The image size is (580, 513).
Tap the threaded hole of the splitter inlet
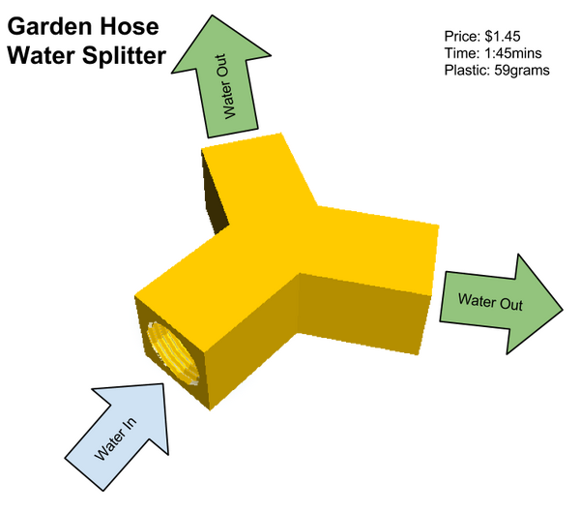(x=173, y=353)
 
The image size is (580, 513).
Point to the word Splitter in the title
(x=124, y=55)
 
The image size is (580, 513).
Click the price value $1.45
(x=503, y=37)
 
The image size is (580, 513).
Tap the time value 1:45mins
(x=512, y=53)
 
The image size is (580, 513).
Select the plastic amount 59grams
(x=522, y=71)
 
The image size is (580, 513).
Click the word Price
(x=462, y=37)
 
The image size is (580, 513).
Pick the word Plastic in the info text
(x=467, y=70)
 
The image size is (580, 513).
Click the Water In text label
(x=115, y=438)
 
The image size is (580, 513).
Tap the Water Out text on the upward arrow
(x=225, y=87)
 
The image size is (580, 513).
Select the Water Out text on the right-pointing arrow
(x=490, y=301)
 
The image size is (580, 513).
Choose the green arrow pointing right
(x=500, y=304)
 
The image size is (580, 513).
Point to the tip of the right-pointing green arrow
(x=563, y=309)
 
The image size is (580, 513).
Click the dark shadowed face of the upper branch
(x=215, y=193)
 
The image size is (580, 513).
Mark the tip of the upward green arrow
(x=213, y=15)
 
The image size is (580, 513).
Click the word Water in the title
(x=41, y=55)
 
